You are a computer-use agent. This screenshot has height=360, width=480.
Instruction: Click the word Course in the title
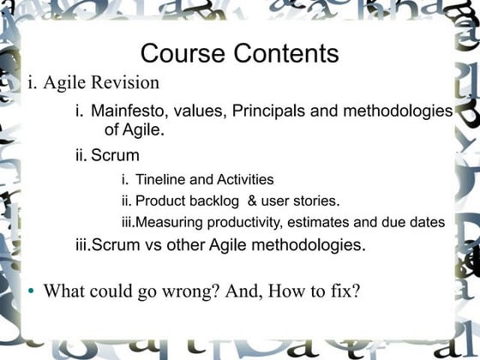point(177,54)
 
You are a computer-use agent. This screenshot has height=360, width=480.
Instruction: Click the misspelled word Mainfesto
point(129,111)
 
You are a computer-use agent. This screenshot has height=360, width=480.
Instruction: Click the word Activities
point(245,180)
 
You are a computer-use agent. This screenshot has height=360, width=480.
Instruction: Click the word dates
point(426,223)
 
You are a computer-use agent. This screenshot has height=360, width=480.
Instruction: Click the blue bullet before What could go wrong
point(31,291)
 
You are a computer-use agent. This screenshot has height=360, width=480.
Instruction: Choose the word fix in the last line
point(342,291)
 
